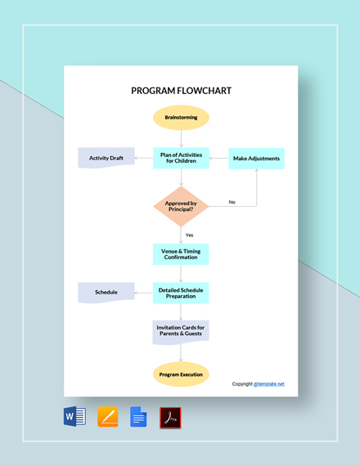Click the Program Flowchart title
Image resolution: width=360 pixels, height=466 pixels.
point(181,91)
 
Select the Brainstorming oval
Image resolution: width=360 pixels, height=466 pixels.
point(181,118)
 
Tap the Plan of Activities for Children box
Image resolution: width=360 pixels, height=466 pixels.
point(181,158)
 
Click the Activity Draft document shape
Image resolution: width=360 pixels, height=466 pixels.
point(106,158)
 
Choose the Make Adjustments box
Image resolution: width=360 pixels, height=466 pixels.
point(256,158)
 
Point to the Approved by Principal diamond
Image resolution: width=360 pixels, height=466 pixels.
point(181,206)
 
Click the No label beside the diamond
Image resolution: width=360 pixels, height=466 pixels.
point(232,202)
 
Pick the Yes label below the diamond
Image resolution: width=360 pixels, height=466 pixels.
point(189,235)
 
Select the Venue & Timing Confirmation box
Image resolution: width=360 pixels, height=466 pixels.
point(181,253)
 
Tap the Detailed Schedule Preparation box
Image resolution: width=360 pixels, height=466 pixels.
point(181,292)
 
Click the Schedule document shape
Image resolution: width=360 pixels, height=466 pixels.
point(106,292)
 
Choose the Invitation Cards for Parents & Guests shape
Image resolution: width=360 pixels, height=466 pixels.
point(181,330)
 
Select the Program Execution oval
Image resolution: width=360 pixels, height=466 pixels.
point(181,374)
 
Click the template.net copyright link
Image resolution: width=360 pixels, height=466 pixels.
point(269,383)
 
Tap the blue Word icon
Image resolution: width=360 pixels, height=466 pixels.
point(74,418)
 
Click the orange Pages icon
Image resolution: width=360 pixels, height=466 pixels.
point(108,418)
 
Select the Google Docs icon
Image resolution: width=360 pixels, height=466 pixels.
point(138,418)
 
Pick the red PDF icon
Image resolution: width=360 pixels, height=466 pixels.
point(170,418)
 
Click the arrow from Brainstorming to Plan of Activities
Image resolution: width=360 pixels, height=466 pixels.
point(181,138)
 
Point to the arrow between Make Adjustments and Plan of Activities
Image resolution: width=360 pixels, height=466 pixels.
point(218,158)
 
